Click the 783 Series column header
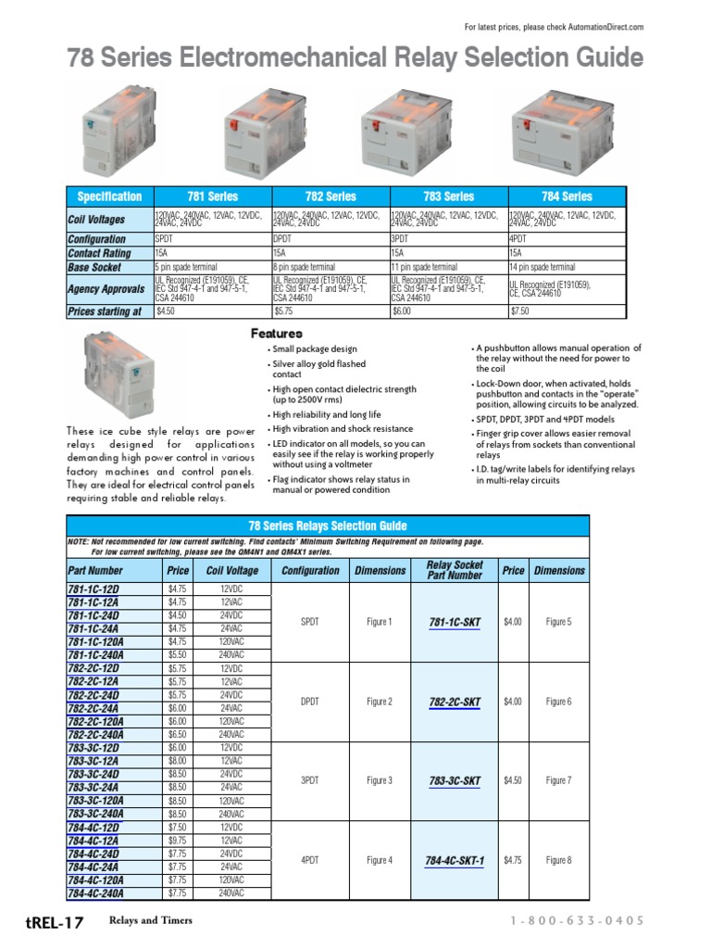tap(448, 196)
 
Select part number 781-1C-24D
tap(94, 615)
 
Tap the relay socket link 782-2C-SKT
tap(454, 702)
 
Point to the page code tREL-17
tap(55, 922)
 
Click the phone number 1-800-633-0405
tap(577, 920)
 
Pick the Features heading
tap(277, 333)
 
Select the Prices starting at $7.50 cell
tap(567, 312)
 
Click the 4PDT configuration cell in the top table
tap(567, 239)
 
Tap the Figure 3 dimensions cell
tap(379, 781)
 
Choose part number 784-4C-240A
tap(95, 893)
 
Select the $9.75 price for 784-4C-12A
tap(177, 841)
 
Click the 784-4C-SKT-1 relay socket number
tap(454, 861)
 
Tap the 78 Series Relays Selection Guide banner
tap(328, 525)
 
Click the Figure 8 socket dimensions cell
tap(558, 861)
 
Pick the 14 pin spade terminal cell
tap(567, 267)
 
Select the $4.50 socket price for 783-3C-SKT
tap(512, 781)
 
